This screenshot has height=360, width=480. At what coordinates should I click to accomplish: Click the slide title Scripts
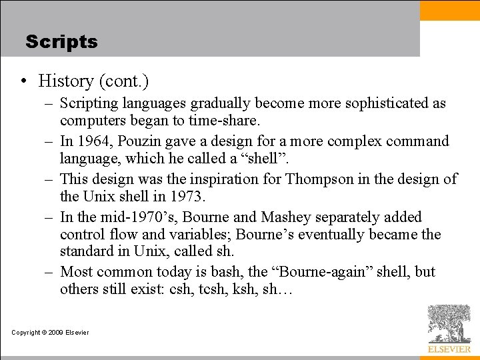(61, 42)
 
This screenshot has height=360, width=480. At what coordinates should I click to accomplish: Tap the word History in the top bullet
(66, 81)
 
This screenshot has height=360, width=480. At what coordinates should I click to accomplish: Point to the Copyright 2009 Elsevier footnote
(50, 333)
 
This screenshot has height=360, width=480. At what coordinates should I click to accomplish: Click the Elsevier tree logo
(448, 325)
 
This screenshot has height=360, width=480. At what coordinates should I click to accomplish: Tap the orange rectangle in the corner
(449, 10)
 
